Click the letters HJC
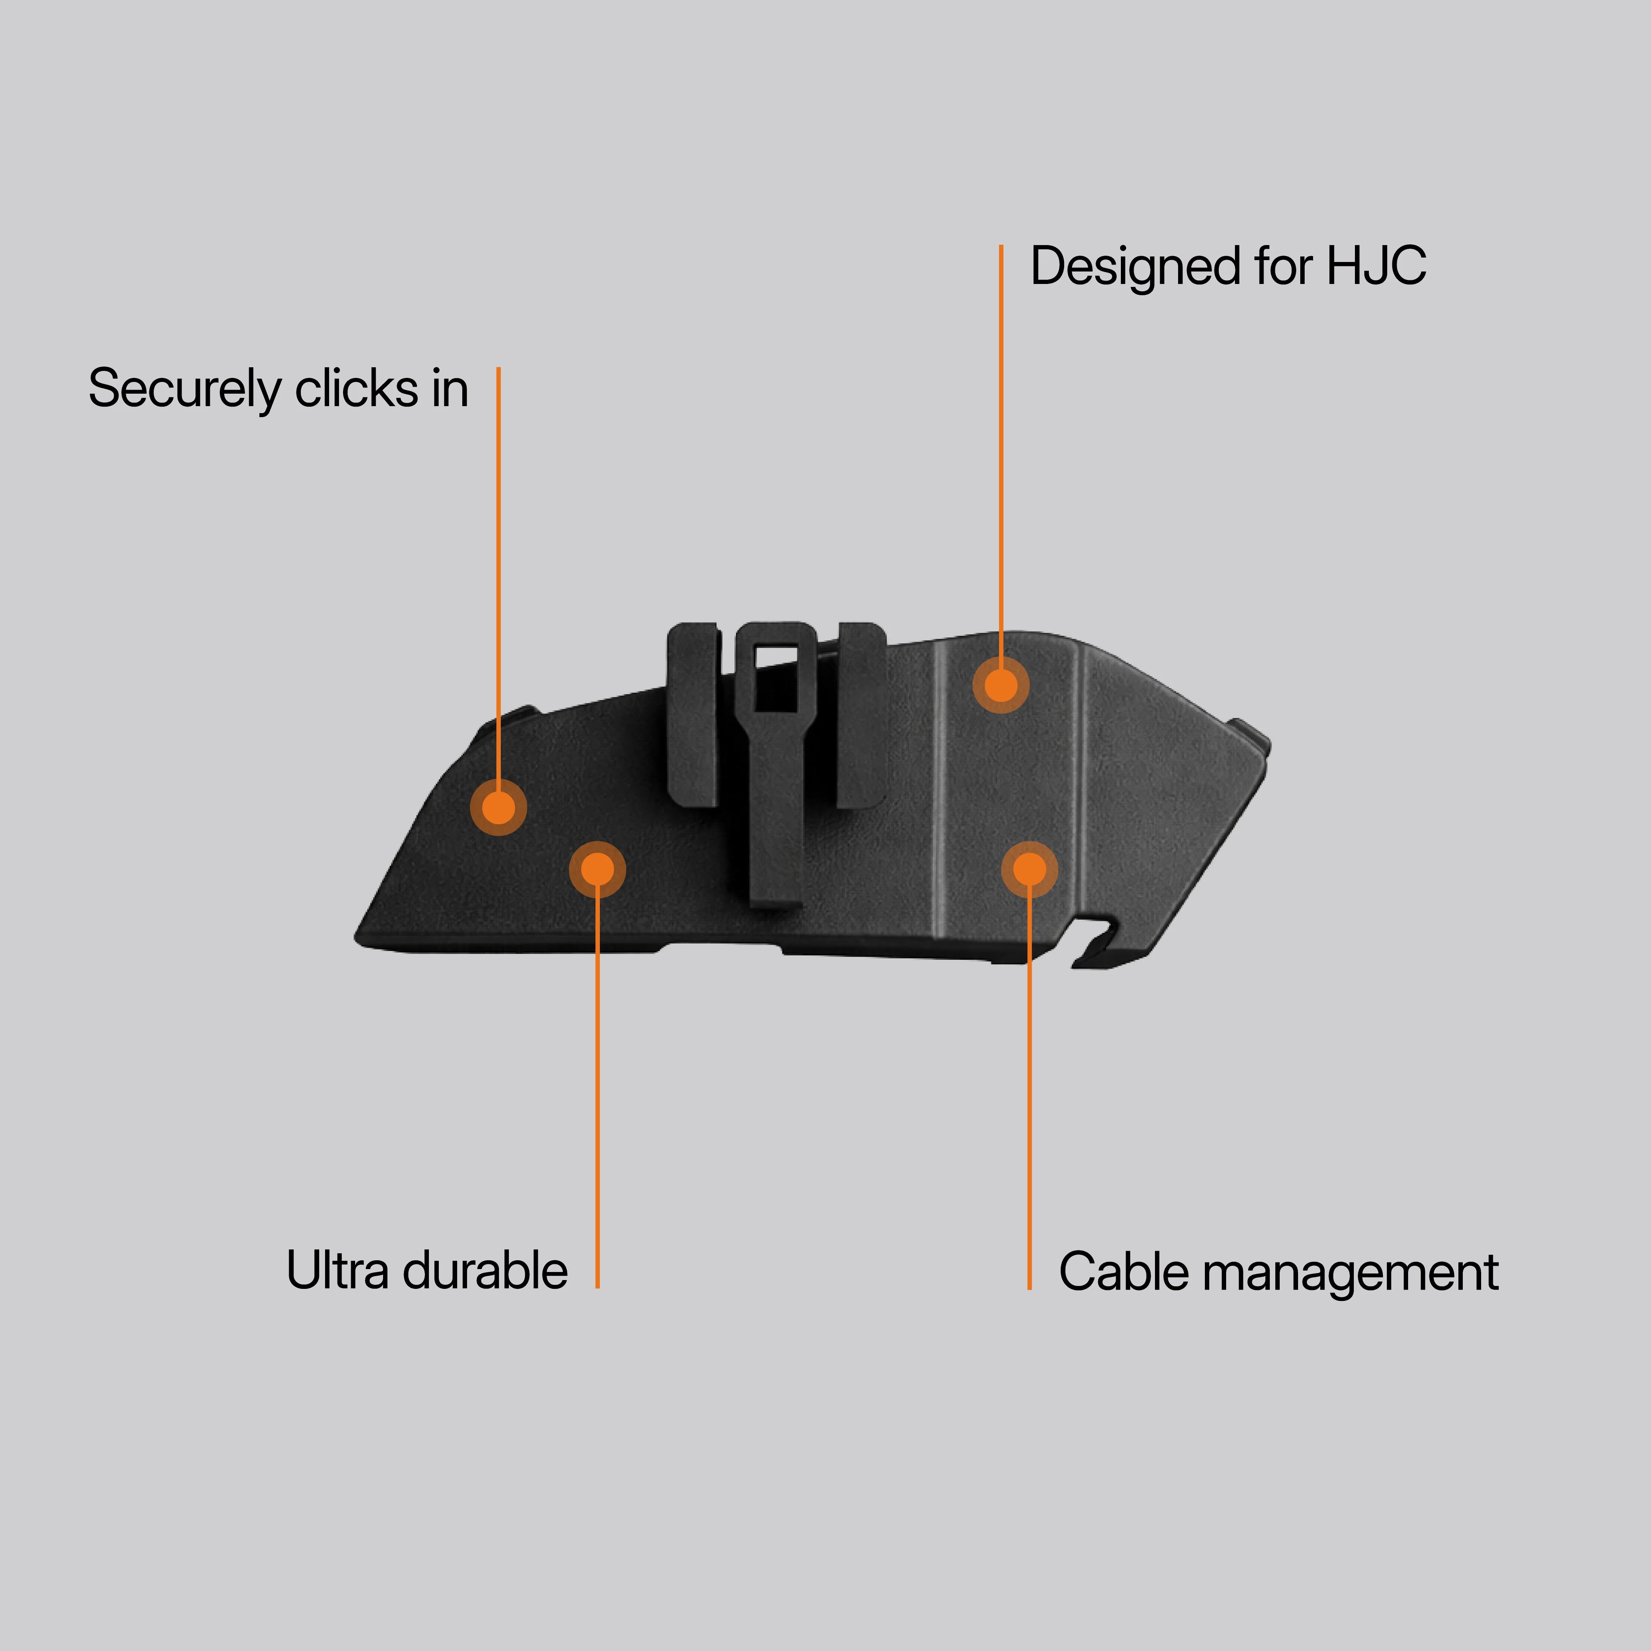click(x=1376, y=267)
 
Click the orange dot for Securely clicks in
click(x=498, y=807)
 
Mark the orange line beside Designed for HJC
click(x=1001, y=444)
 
